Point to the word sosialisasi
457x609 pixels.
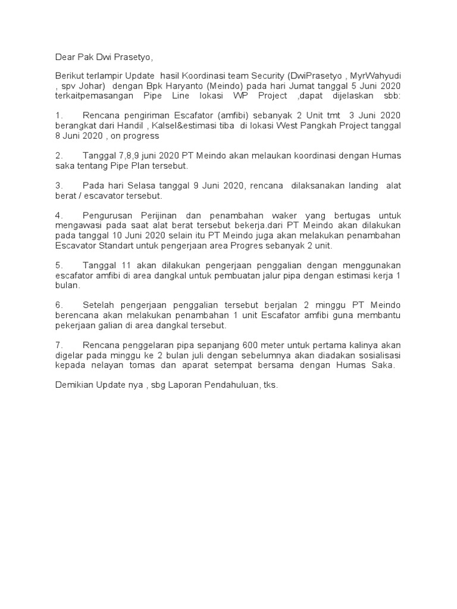pos(377,356)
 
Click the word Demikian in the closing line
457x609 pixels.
pos(75,385)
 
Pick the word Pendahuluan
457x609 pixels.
pos(221,385)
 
